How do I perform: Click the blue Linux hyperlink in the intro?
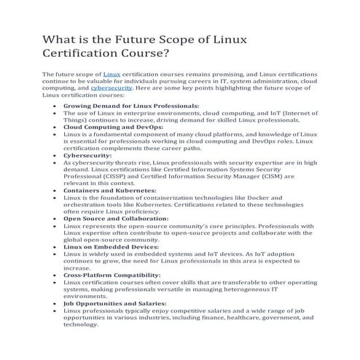click(111, 75)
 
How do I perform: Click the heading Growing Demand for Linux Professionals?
click(120, 106)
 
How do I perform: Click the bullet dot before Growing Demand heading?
click(57, 106)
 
